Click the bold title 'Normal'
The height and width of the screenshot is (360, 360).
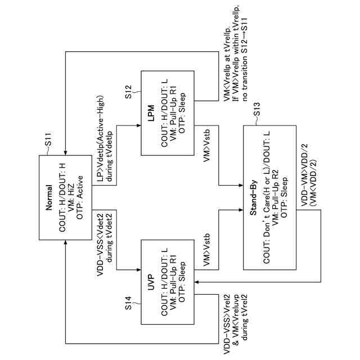point(49,197)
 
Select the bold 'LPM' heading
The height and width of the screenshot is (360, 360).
point(151,113)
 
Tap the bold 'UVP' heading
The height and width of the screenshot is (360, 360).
point(151,282)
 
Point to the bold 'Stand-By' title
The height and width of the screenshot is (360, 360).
point(253,197)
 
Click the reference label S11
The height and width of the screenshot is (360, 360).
point(48,139)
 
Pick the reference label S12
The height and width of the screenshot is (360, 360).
point(129,92)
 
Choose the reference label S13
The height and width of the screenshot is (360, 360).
point(256,109)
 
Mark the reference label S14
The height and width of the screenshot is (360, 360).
point(129,303)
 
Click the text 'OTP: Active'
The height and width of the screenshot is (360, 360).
point(79,197)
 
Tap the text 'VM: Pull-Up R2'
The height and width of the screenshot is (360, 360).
point(275,197)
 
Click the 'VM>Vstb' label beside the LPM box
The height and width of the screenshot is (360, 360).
point(207,146)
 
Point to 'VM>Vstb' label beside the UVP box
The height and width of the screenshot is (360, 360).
point(207,250)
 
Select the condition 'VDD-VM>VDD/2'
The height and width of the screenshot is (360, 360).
point(304,175)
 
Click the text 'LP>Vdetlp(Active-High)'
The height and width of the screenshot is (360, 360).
point(101,138)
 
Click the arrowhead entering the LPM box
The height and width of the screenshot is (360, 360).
point(139,125)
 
